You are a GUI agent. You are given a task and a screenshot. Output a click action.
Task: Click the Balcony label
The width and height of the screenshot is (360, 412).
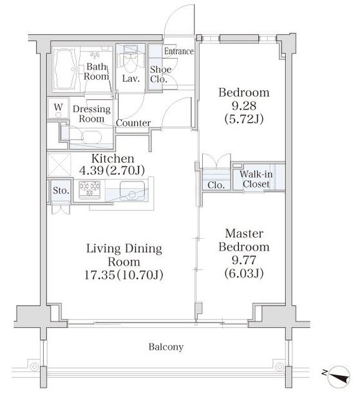[x=166, y=347]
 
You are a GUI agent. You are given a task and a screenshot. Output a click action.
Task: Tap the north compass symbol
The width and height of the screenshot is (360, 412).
[x=339, y=377]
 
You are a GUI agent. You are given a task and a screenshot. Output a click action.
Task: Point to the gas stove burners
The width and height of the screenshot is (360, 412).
[x=90, y=189]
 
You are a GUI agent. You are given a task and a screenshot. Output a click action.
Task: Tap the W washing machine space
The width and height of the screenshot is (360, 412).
[x=59, y=108]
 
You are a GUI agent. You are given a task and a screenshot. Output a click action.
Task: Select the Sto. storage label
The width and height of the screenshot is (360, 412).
[x=61, y=191]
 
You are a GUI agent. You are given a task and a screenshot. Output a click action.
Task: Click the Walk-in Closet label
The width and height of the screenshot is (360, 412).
[x=256, y=179]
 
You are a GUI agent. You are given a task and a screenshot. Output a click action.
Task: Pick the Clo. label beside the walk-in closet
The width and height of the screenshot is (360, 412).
[x=216, y=185]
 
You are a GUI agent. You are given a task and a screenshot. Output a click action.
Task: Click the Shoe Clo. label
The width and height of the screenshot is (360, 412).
[x=160, y=74]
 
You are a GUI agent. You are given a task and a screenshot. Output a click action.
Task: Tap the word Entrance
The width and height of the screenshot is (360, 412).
[x=179, y=51]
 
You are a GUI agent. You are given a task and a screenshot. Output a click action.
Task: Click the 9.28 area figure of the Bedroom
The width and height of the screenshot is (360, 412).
[x=244, y=106]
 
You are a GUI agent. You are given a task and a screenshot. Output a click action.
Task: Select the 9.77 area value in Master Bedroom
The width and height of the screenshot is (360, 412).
[x=244, y=260]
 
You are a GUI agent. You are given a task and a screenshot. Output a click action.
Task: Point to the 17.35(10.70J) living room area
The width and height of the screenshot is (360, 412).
[x=124, y=275]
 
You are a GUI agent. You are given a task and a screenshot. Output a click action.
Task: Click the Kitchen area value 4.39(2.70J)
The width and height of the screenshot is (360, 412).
[x=112, y=171]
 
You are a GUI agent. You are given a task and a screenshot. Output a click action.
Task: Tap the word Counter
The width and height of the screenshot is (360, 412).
[x=133, y=123]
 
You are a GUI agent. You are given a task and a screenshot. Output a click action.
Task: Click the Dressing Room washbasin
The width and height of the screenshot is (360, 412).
[x=91, y=136]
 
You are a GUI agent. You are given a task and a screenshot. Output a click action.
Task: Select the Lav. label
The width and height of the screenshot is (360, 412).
[x=131, y=79]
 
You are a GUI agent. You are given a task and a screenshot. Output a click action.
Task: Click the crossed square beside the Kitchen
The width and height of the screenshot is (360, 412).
[x=59, y=165]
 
